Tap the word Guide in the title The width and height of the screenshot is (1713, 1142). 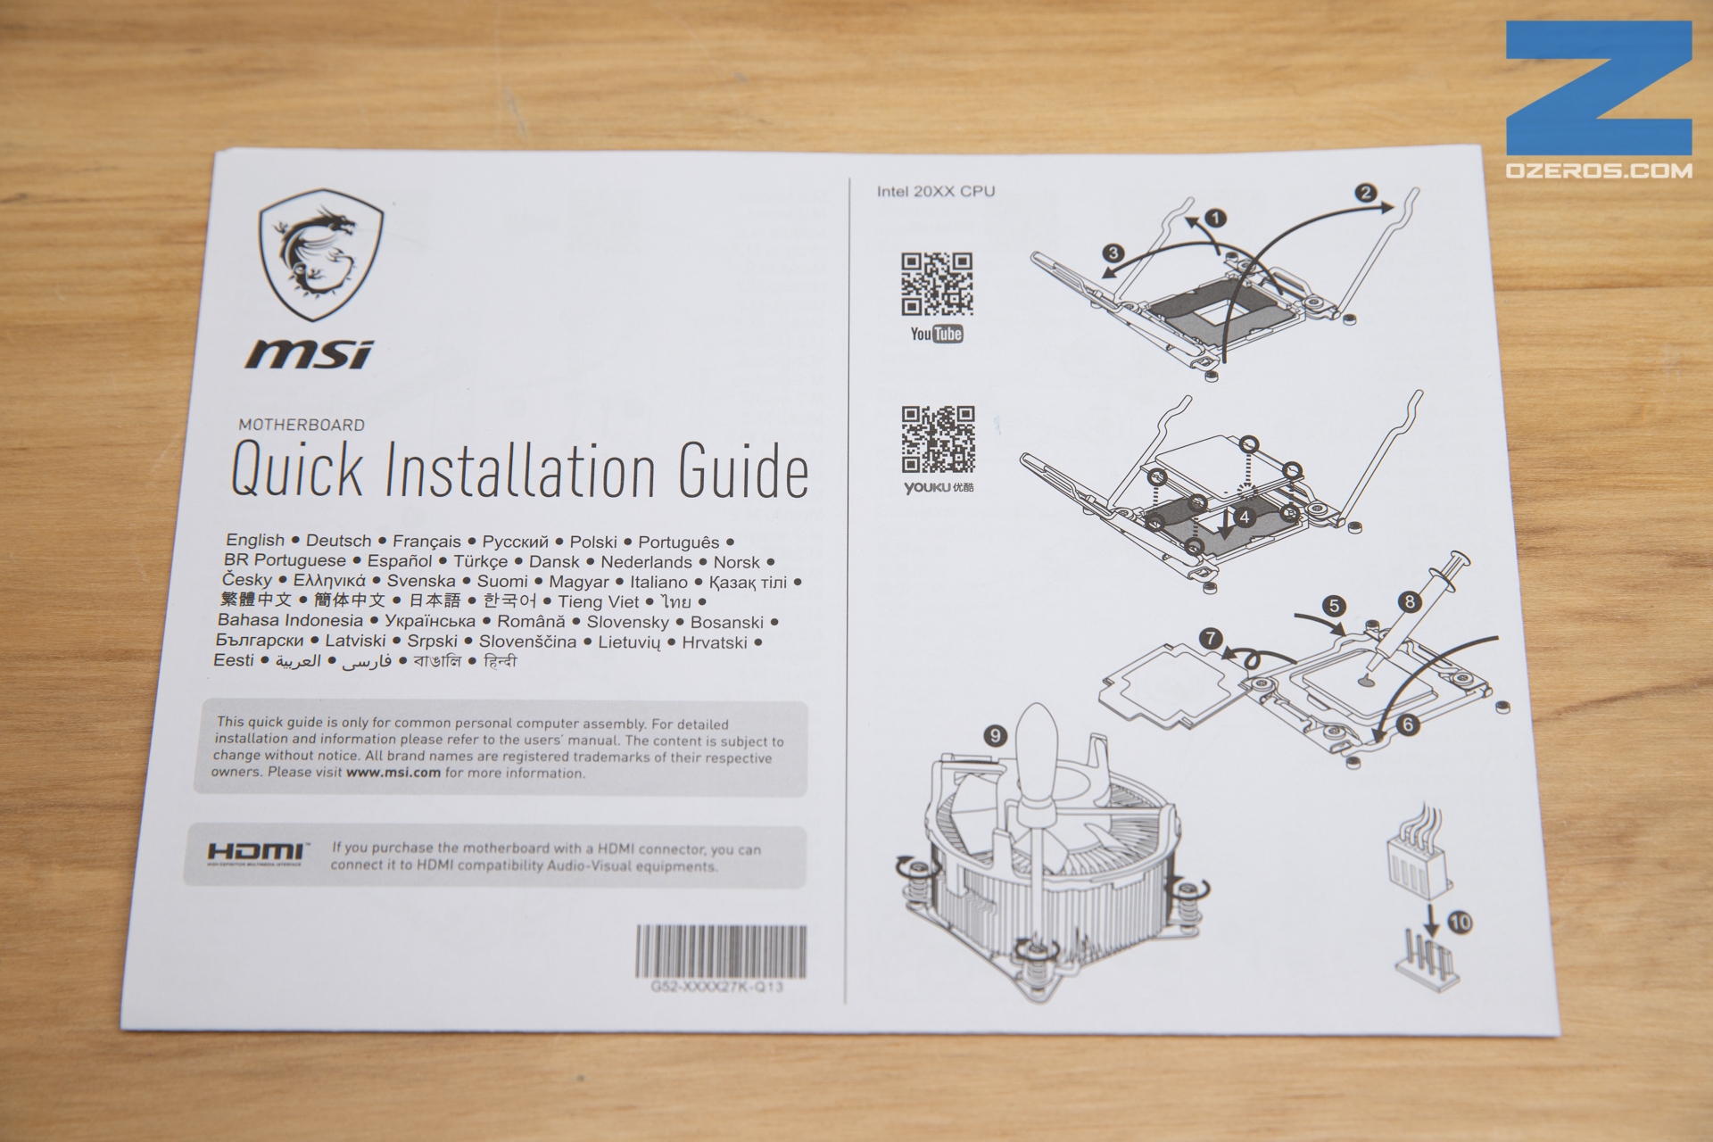pos(743,470)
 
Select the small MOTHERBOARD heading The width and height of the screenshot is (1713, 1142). pos(302,425)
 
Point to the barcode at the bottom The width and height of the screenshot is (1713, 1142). pos(721,951)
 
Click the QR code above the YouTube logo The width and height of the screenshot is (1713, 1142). pos(936,285)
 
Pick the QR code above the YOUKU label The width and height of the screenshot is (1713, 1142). pos(938,439)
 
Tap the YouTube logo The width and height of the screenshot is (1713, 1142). pos(937,334)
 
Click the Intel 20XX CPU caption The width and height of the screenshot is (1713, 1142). pos(936,191)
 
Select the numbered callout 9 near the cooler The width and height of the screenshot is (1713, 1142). pos(995,736)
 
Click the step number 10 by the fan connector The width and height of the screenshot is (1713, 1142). pos(1460,922)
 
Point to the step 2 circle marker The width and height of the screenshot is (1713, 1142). pos(1365,193)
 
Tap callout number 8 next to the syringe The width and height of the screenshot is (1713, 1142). pos(1410,601)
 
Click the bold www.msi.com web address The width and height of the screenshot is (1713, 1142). pos(393,773)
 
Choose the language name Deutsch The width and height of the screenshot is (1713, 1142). pos(338,541)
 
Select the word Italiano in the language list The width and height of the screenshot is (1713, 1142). pos(658,582)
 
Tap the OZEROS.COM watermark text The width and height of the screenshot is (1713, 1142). pos(1599,170)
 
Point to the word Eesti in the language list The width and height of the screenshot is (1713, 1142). pos(234,660)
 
